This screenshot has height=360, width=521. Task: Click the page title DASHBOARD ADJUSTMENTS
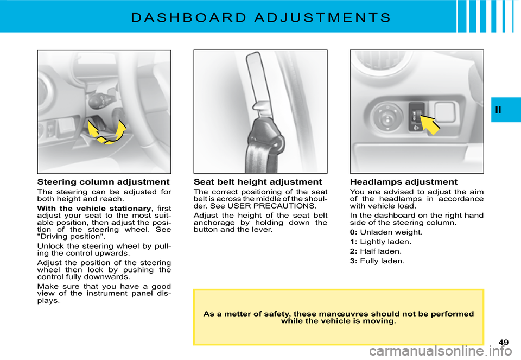coord(260,17)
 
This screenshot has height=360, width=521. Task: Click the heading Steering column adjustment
coord(103,182)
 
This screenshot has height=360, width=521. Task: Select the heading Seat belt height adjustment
coord(258,182)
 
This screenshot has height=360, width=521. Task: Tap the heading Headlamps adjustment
coord(404,182)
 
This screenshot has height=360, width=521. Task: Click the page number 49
coord(503,342)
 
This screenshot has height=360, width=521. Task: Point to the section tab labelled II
coord(499,110)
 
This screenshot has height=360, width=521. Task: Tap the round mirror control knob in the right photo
coord(386,116)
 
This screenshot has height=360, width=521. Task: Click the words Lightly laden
coord(385,242)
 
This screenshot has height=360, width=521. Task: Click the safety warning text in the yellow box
coord(338,317)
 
